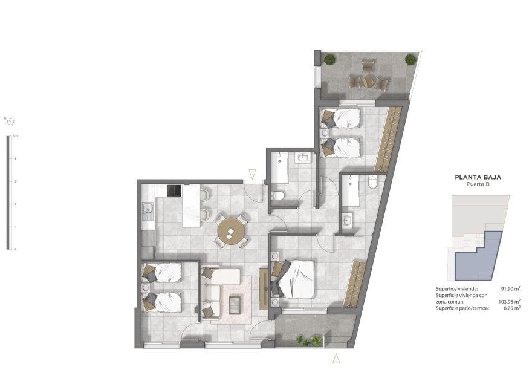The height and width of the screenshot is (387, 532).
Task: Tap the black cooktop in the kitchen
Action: (175, 190)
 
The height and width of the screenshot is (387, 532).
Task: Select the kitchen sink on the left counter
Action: (147, 210)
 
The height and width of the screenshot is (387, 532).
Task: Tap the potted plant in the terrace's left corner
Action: (329, 59)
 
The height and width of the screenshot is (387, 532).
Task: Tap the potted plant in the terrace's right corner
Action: (410, 59)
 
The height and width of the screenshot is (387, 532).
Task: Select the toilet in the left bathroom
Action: (278, 195)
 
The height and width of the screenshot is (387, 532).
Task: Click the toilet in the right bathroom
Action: (372, 181)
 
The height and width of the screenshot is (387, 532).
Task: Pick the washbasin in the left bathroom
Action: (303, 158)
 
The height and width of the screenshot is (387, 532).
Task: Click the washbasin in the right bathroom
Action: (347, 220)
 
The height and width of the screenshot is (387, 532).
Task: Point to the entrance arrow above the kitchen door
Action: (253, 175)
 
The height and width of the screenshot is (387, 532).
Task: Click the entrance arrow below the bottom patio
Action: (336, 359)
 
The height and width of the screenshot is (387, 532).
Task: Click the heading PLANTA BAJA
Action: (478, 178)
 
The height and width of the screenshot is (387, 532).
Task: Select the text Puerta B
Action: (478, 186)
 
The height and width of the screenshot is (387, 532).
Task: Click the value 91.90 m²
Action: (510, 289)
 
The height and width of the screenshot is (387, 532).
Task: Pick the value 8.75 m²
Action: (511, 308)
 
